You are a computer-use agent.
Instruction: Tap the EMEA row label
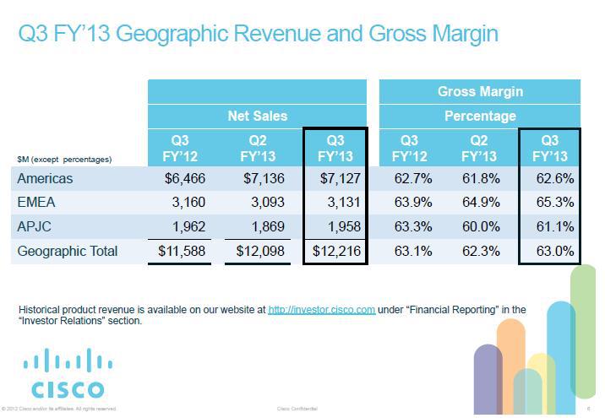click(37, 203)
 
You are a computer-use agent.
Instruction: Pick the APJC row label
click(36, 226)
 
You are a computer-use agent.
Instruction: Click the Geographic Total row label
click(68, 251)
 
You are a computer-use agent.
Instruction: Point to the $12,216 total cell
click(335, 251)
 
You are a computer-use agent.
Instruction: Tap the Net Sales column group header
click(257, 116)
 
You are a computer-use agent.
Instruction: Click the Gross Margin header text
click(480, 91)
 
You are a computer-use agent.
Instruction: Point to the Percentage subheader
click(480, 116)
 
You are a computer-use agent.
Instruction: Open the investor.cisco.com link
click(321, 310)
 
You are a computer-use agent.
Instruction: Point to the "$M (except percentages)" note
click(64, 159)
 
